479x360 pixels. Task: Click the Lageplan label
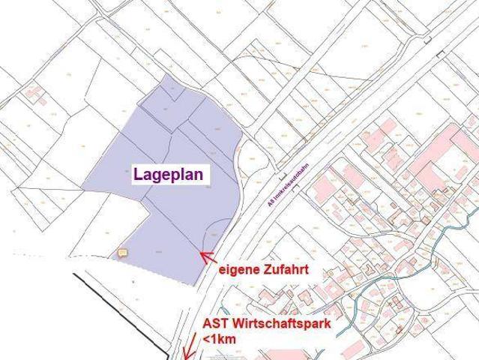point(171,174)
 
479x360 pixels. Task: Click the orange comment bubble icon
point(124,253)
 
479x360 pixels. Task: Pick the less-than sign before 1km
point(208,340)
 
